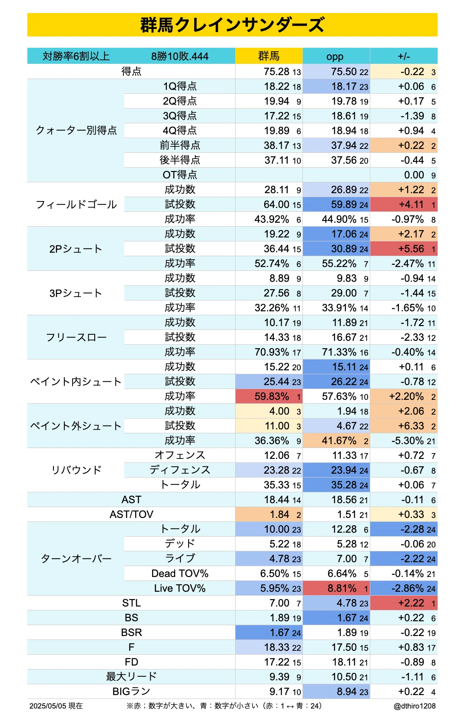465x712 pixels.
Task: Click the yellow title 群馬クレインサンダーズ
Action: (x=232, y=25)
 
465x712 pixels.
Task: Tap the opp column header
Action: (x=335, y=56)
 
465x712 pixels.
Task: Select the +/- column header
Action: (x=404, y=56)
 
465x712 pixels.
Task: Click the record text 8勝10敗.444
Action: (x=179, y=56)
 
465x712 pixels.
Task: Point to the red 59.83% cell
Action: (x=269, y=396)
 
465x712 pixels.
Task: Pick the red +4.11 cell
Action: (x=404, y=204)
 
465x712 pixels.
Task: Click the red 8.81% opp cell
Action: (x=336, y=588)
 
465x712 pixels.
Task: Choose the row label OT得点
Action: (x=179, y=175)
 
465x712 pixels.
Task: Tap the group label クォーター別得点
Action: (x=76, y=130)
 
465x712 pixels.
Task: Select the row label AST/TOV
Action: (x=131, y=514)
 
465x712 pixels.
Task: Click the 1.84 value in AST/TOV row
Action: (x=279, y=514)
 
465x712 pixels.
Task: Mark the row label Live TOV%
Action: (x=179, y=588)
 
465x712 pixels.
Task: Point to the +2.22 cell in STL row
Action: (x=404, y=603)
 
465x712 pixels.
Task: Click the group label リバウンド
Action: (x=76, y=470)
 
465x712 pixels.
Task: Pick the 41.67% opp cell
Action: (x=336, y=441)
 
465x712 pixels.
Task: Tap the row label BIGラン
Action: (x=131, y=691)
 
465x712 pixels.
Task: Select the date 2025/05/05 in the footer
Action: (x=48, y=705)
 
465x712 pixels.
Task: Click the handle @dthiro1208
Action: (x=415, y=705)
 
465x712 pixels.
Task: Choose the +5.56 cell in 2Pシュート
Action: (x=404, y=249)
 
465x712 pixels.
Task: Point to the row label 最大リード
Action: (x=131, y=677)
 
